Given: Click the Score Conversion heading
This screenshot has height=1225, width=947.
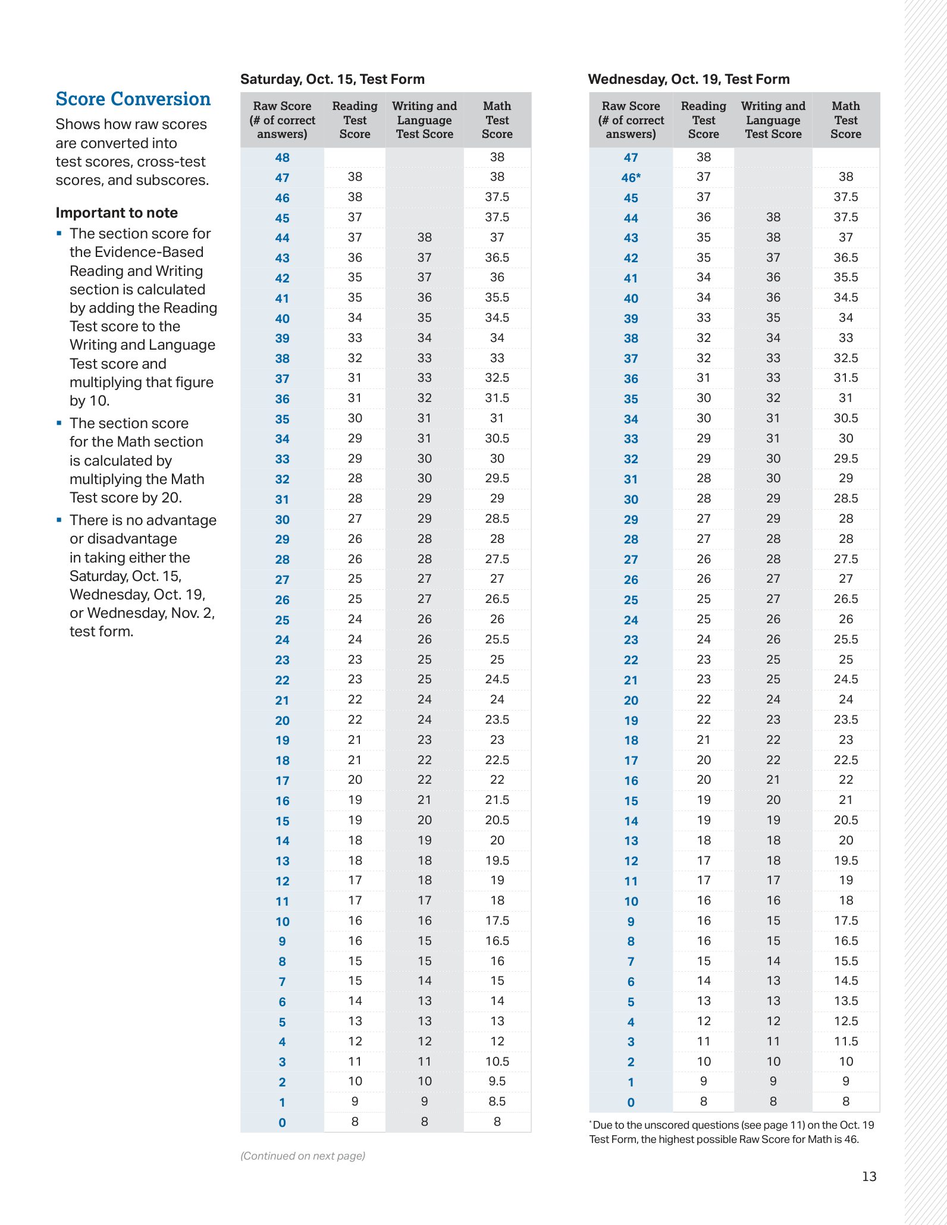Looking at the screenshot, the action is [133, 99].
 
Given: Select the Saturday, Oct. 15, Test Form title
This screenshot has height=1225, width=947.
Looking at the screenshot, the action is [333, 79].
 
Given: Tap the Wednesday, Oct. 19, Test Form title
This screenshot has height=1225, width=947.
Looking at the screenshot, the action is [689, 79].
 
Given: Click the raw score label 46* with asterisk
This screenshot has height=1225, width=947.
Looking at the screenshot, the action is [631, 178].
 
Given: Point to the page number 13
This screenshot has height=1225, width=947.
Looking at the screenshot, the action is [869, 1176].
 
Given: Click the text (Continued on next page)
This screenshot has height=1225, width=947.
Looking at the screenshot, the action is [303, 1155].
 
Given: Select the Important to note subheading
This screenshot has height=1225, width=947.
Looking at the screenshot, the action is [117, 213].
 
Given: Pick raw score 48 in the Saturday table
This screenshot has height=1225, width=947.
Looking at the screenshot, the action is [283, 158].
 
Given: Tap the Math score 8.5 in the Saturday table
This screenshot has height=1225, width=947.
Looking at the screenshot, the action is [497, 1101].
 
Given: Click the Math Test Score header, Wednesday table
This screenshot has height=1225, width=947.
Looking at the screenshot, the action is [846, 120].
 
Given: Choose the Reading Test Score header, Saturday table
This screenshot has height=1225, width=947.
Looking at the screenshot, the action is [355, 120].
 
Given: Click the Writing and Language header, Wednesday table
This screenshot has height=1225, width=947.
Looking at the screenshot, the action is [773, 120].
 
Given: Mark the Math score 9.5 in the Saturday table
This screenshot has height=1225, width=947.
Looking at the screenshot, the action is [497, 1081].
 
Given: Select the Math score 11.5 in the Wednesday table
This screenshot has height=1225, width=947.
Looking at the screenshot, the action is [846, 1041].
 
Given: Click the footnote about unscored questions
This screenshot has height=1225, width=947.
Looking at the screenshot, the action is [732, 1132].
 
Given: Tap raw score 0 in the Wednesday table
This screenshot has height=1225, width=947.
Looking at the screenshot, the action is [631, 1102].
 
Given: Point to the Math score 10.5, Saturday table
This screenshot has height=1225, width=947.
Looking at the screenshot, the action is [497, 1061].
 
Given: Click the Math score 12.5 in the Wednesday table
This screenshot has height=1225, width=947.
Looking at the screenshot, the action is [846, 1021].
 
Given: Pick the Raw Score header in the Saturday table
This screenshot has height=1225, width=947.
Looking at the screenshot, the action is [283, 120].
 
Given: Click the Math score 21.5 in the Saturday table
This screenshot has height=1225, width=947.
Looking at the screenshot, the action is [497, 800].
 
